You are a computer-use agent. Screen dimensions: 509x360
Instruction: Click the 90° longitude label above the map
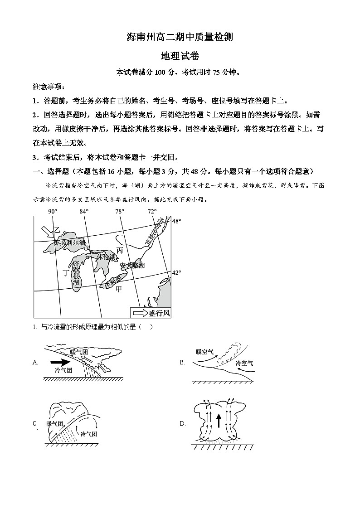pyautogui.click(x=53, y=212)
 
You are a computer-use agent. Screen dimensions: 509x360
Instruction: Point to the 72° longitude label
pyautogui.click(x=152, y=212)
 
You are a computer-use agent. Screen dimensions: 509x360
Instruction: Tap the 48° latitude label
pyautogui.click(x=176, y=221)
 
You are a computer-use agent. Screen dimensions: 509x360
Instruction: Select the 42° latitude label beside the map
pyautogui.click(x=176, y=272)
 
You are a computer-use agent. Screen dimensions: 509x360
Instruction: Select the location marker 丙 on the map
pyautogui.click(x=119, y=250)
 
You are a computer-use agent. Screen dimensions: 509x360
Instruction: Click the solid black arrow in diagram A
pyautogui.click(x=59, y=362)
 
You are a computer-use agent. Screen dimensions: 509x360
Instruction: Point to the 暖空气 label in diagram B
pyautogui.click(x=204, y=351)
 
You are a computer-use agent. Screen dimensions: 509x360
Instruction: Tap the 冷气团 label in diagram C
pyautogui.click(x=88, y=434)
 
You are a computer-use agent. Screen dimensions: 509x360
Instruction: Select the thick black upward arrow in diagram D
pyautogui.click(x=218, y=421)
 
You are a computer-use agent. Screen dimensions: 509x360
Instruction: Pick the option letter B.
pyautogui.click(x=182, y=362)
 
